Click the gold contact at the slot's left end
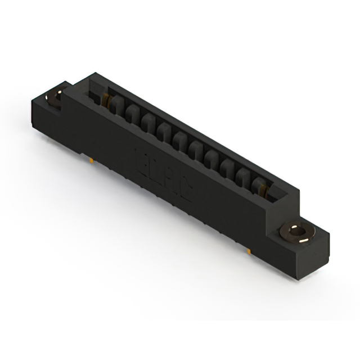107,100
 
